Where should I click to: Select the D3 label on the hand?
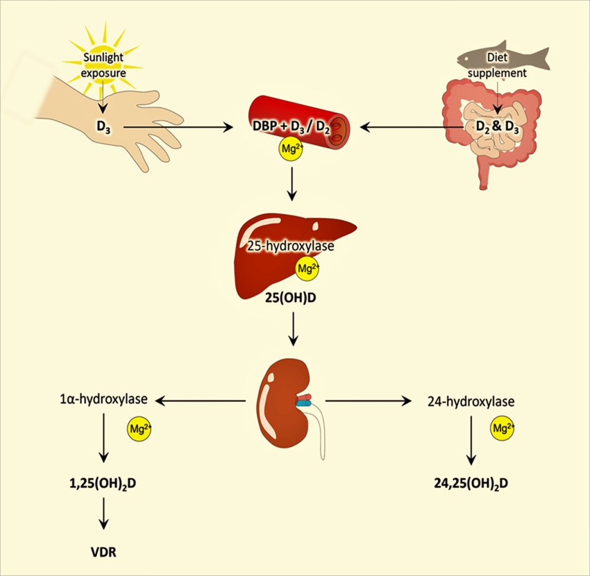(105, 126)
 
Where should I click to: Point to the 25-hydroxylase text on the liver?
(289, 246)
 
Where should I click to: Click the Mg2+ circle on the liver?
(308, 268)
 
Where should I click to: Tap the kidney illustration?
(280, 403)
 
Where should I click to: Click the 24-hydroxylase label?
(472, 400)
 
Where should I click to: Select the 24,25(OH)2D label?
(470, 482)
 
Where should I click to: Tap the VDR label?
(102, 553)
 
